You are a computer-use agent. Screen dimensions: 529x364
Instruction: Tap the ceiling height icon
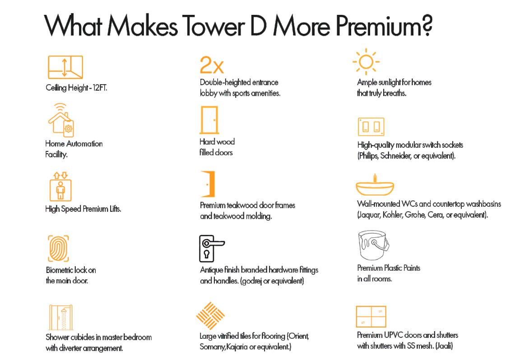(65, 67)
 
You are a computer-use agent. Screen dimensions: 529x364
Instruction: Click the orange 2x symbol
(212, 65)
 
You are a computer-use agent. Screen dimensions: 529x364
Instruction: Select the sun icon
(366, 62)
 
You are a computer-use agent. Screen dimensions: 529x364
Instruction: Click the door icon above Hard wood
(209, 120)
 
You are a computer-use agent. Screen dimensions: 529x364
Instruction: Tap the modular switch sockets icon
(371, 127)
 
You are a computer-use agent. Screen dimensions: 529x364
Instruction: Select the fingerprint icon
(59, 249)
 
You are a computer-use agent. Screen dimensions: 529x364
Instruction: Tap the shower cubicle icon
(61, 318)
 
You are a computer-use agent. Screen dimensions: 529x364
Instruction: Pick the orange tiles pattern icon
(210, 315)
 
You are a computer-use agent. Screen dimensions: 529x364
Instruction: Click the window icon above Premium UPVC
(371, 317)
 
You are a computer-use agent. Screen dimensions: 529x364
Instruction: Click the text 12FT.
(100, 88)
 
